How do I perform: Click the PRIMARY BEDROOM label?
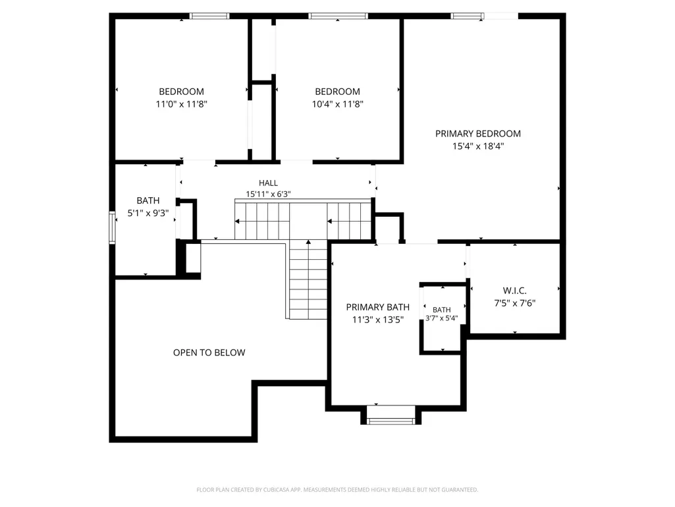[478, 134]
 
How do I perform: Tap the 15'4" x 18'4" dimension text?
[478, 146]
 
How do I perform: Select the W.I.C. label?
[515, 291]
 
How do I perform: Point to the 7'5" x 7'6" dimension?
[515, 303]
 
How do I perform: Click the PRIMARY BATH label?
[378, 307]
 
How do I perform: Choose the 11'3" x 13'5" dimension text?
[378, 320]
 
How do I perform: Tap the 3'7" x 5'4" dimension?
[442, 318]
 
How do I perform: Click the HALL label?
[268, 183]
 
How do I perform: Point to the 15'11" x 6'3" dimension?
[268, 194]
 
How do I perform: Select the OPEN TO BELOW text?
[209, 353]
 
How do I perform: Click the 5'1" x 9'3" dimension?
[148, 213]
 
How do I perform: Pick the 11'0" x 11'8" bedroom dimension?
[182, 104]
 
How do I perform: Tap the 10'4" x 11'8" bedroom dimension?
[337, 104]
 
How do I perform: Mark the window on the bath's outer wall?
[113, 227]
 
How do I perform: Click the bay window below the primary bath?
[391, 421]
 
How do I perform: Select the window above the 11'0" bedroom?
[209, 16]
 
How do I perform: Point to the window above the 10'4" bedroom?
[338, 16]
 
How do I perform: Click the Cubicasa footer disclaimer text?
[337, 490]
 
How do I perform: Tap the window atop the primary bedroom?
[468, 16]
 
